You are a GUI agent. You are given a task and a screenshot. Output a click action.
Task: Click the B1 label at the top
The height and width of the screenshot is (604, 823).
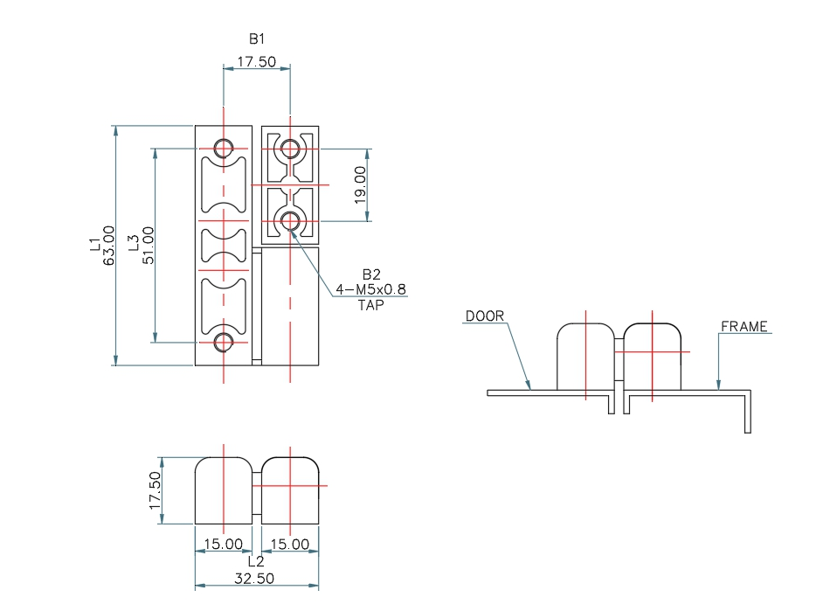point(256,38)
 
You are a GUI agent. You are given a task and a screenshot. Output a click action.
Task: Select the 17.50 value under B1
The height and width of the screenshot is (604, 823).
point(256,62)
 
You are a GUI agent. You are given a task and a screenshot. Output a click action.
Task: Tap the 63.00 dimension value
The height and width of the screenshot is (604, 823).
point(109,246)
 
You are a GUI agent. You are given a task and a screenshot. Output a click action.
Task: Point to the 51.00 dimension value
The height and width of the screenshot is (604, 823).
point(149,246)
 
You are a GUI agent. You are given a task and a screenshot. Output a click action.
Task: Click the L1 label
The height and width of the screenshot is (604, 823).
point(94,246)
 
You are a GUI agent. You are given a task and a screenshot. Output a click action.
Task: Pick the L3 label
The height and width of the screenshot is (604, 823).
point(134,246)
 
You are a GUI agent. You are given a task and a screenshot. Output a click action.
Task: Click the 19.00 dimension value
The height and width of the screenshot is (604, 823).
point(359,184)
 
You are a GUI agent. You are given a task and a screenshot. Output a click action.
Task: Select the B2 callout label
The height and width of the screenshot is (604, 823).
point(370,274)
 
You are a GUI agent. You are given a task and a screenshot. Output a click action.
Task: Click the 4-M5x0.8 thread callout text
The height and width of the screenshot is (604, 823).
point(370,289)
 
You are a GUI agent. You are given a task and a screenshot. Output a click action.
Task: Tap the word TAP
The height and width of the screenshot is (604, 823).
point(370,305)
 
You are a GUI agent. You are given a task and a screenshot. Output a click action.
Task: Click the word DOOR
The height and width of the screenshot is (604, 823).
point(485,316)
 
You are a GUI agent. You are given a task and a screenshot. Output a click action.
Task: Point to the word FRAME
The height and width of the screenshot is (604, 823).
point(744,327)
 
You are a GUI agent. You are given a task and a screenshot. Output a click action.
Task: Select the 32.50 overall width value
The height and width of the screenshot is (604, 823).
point(256,578)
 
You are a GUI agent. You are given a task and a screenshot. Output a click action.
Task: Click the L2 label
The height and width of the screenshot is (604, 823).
point(256,560)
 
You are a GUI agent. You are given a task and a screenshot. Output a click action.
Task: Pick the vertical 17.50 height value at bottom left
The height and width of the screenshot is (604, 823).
point(156,491)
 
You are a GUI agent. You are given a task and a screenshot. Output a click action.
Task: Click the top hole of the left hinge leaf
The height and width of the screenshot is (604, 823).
point(224,148)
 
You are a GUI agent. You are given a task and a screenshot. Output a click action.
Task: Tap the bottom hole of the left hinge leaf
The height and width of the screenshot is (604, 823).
point(224,343)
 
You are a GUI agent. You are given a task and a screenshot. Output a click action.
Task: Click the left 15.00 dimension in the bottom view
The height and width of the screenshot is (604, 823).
point(224,544)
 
